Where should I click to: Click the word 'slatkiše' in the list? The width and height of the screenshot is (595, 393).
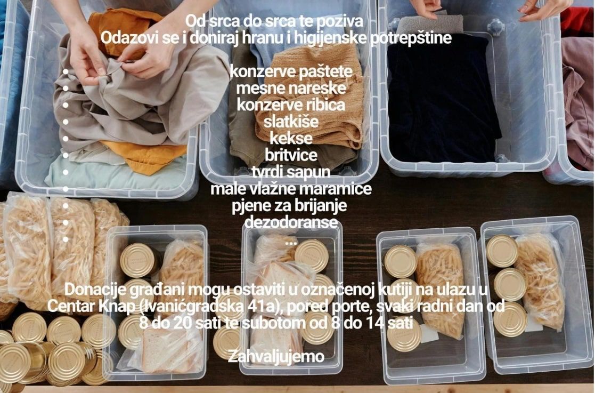(291, 122)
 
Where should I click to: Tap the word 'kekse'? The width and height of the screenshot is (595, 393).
(291, 139)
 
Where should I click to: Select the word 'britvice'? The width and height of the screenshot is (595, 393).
(291, 155)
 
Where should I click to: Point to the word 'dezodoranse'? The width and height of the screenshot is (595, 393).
(291, 222)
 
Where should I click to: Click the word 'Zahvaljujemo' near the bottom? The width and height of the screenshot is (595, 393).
(276, 357)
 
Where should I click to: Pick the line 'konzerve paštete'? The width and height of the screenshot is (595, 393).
(291, 72)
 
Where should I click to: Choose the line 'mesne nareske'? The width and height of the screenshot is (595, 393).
(291, 89)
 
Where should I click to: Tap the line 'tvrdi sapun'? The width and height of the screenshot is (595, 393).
(291, 172)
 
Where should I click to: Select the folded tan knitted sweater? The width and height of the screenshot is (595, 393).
(309, 99)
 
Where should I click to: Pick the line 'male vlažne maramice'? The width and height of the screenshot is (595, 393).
(291, 189)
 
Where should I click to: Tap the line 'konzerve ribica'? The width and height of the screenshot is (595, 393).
(291, 105)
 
